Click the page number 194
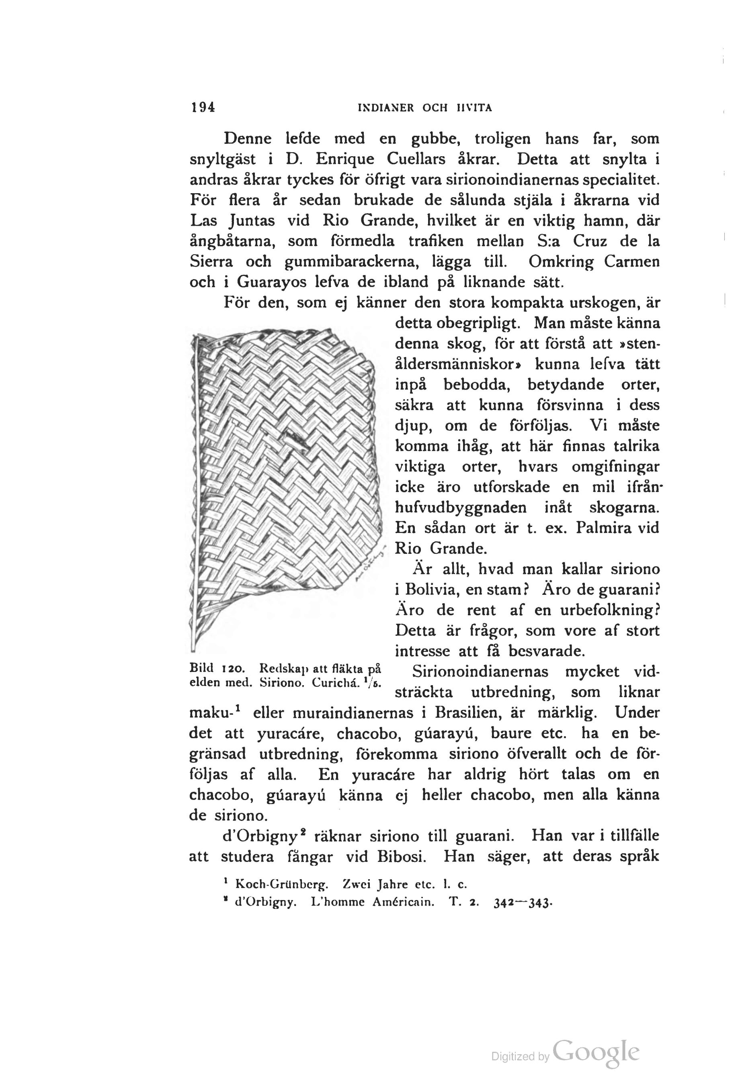pyautogui.click(x=203, y=108)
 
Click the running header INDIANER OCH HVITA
pyautogui.click(x=424, y=108)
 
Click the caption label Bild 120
pyautogui.click(x=214, y=667)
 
